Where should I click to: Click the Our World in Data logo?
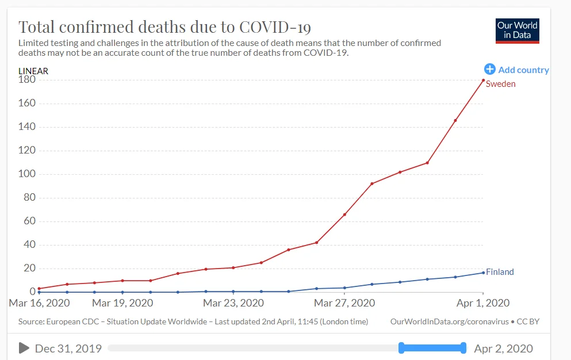pyautogui.click(x=518, y=30)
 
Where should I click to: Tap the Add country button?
pyautogui.click(x=516, y=70)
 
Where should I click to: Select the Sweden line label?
pyautogui.click(x=500, y=84)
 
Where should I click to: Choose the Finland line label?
pyautogui.click(x=500, y=272)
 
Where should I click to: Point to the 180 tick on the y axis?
pyautogui.click(x=28, y=80)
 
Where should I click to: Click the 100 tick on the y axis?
pyautogui.click(x=28, y=174)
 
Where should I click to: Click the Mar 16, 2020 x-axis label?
pyautogui.click(x=39, y=303)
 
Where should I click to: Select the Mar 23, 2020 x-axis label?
pyautogui.click(x=233, y=303)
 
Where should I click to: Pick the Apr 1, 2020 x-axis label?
pyautogui.click(x=483, y=303)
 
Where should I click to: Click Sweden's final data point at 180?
pyautogui.click(x=483, y=80)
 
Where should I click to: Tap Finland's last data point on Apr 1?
pyautogui.click(x=483, y=273)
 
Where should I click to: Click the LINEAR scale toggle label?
pyautogui.click(x=33, y=71)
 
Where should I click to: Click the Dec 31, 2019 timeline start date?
pyautogui.click(x=68, y=348)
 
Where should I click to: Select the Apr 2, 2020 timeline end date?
pyautogui.click(x=503, y=348)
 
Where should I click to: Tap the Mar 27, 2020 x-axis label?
pyautogui.click(x=344, y=303)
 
